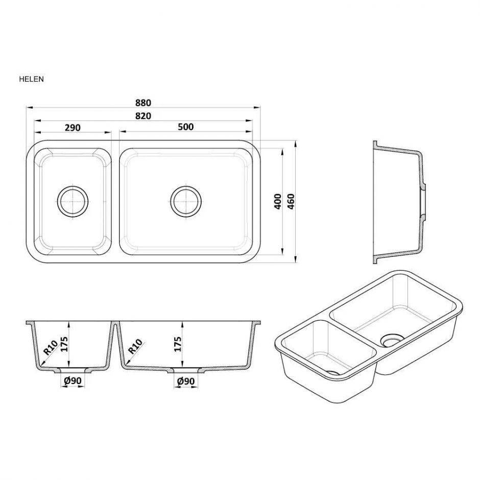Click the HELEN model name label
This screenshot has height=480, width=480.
(x=31, y=79)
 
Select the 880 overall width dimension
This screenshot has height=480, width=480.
(x=143, y=103)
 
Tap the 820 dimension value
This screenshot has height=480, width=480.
(x=143, y=116)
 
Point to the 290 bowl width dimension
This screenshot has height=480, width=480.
(x=73, y=127)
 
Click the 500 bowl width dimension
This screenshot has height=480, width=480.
(x=186, y=127)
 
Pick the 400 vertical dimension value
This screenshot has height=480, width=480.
(x=278, y=201)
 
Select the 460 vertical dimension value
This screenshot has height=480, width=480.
(x=291, y=201)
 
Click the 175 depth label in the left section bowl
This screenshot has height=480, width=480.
(x=64, y=344)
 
